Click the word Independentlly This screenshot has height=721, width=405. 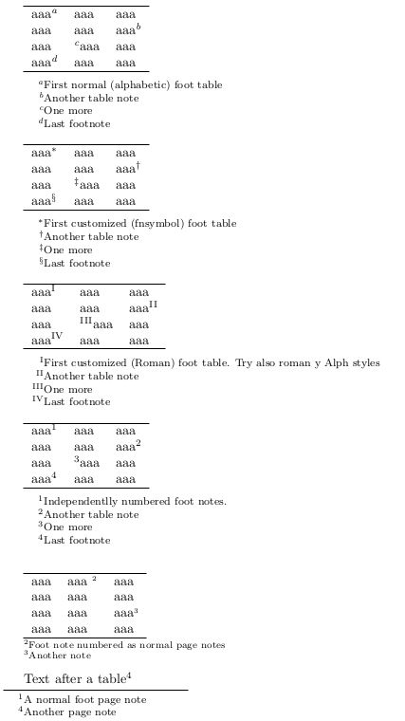(79, 502)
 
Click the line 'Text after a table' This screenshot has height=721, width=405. (77, 678)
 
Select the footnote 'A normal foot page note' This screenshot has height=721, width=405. (85, 699)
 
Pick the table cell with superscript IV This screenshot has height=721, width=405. (46, 340)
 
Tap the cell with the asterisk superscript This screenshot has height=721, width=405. (44, 153)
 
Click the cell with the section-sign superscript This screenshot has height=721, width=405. (45, 201)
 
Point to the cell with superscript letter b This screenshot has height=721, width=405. (128, 30)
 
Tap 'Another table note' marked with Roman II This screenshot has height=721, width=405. (91, 376)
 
